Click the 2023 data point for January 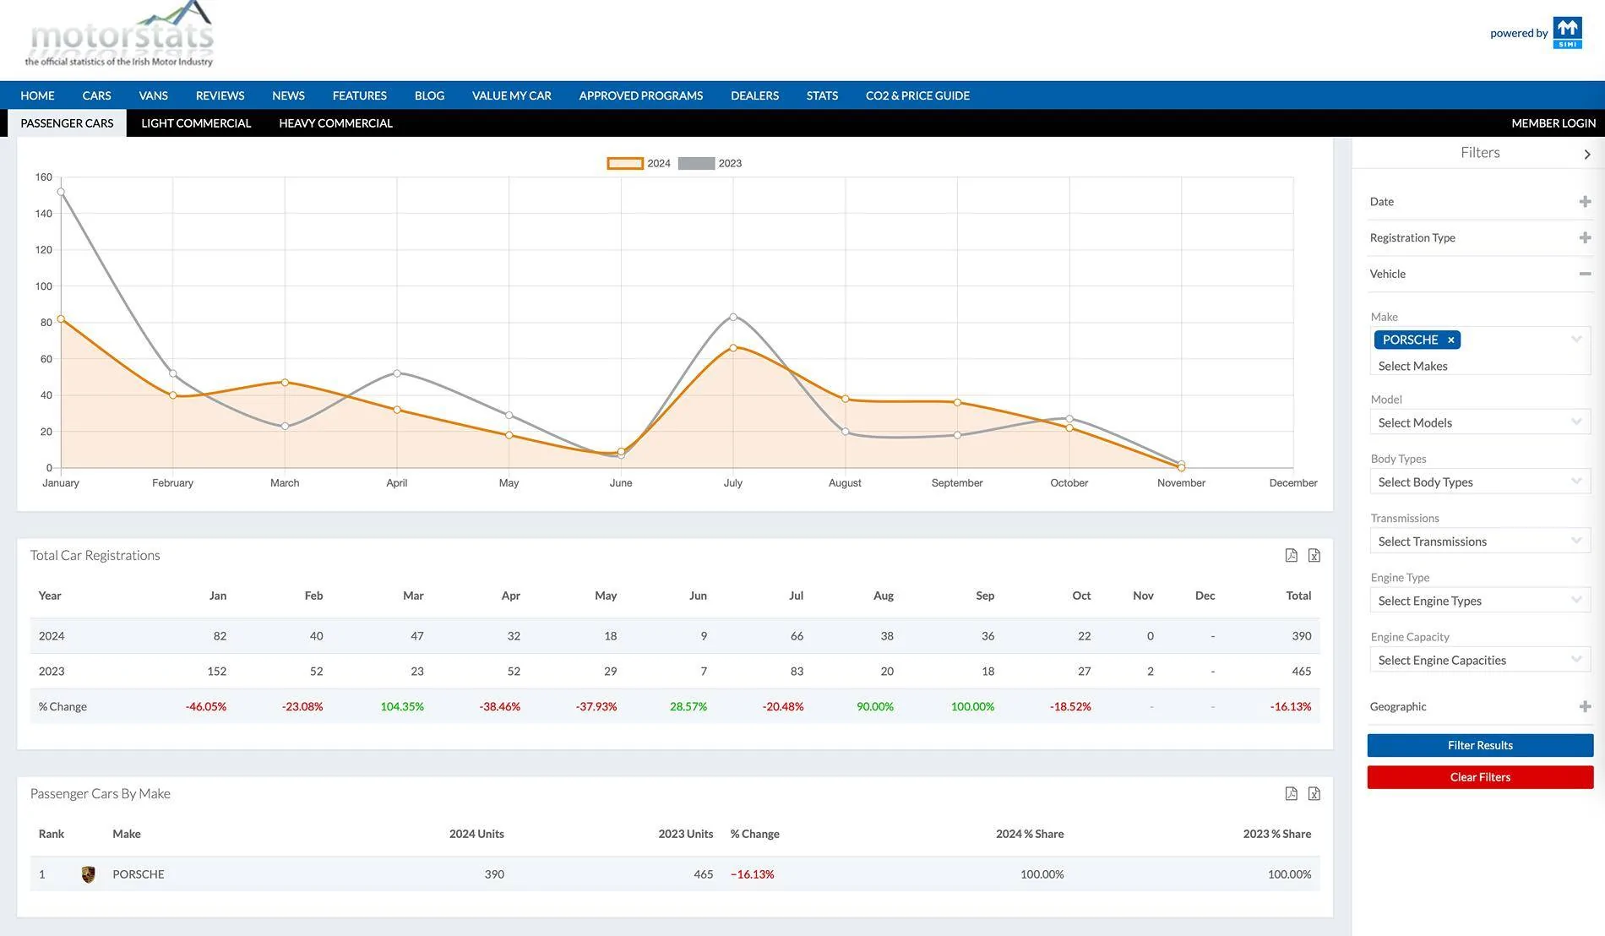(61, 192)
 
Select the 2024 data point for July (733, 348)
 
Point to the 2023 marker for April (397, 373)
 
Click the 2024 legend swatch (625, 163)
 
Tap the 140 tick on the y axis (44, 214)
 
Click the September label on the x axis (957, 483)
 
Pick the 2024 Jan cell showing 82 (220, 636)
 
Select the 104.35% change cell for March (402, 706)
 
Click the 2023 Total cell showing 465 (1301, 672)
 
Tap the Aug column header (883, 596)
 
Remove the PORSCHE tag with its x (1451, 340)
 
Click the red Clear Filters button (1480, 777)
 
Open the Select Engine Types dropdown (1480, 601)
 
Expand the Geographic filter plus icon (1585, 706)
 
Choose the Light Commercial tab (196, 123)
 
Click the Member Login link (1553, 123)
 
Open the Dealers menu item (754, 95)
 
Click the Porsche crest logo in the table (88, 874)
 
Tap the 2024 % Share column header (1030, 834)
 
